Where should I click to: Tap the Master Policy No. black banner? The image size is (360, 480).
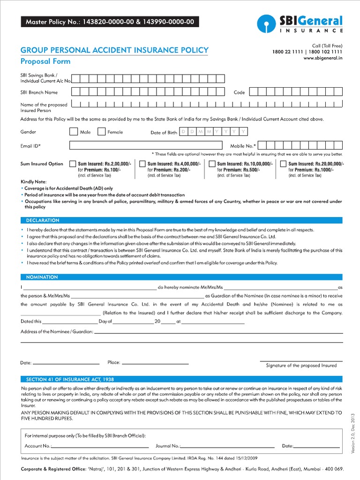(x=109, y=22)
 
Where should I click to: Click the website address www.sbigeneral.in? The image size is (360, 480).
(x=323, y=58)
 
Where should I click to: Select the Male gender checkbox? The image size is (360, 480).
(x=73, y=132)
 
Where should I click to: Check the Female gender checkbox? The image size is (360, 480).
(x=101, y=132)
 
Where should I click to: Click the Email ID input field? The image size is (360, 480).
(x=146, y=146)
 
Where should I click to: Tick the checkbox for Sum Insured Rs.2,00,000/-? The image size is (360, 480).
(x=73, y=164)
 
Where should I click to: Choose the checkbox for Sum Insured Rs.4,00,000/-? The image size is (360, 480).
(x=142, y=164)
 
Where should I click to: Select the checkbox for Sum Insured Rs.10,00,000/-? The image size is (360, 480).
(x=212, y=164)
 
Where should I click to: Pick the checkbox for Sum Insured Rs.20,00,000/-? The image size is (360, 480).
(x=283, y=164)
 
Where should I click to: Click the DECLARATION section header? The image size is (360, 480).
(x=43, y=220)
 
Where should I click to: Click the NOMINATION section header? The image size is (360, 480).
(x=42, y=277)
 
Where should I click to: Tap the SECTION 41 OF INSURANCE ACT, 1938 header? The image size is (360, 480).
(x=70, y=379)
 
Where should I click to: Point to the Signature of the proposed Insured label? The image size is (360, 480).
(x=301, y=365)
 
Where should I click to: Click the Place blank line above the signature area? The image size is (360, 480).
(x=155, y=363)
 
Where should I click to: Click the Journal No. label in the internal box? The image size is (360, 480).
(x=167, y=446)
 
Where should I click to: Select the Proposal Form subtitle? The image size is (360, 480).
(x=45, y=61)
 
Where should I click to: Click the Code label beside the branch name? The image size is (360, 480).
(x=239, y=92)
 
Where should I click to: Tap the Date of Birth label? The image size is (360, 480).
(x=164, y=133)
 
